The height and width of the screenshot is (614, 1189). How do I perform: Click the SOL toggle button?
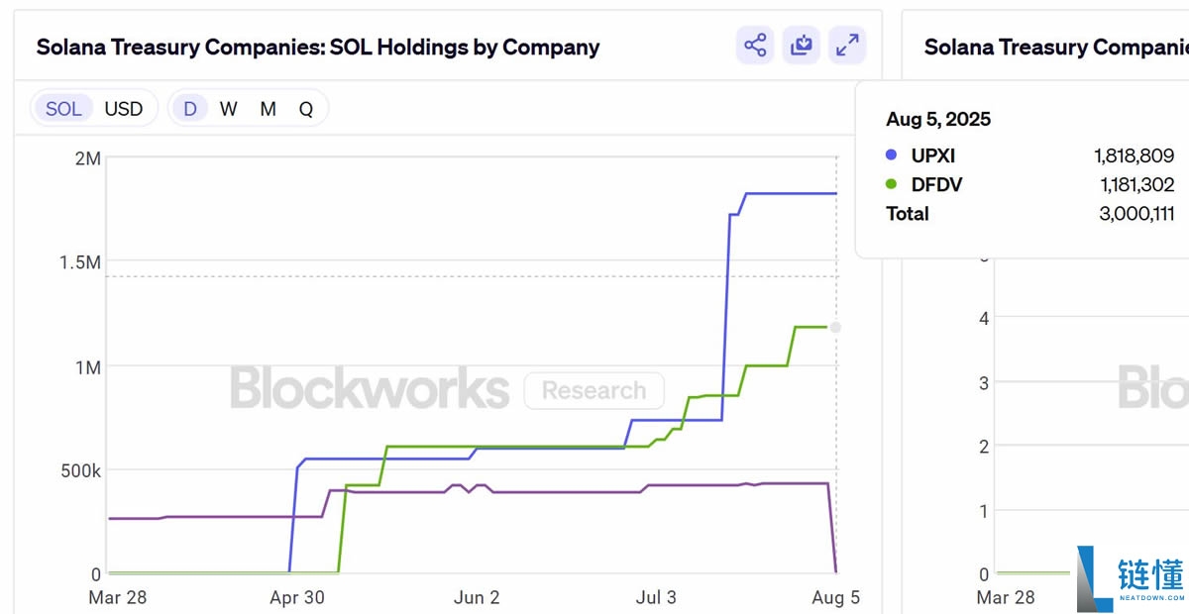(63, 109)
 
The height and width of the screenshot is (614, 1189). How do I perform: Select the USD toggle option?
(124, 109)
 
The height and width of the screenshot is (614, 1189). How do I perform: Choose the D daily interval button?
(189, 109)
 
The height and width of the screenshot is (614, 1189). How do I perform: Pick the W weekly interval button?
(229, 109)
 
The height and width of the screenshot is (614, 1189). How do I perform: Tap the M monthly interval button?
(268, 109)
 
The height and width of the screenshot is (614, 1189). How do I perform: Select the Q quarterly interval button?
(306, 109)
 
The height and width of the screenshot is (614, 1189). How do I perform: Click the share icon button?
(755, 46)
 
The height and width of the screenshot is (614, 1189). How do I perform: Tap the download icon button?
(801, 46)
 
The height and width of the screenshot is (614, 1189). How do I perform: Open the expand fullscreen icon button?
(847, 46)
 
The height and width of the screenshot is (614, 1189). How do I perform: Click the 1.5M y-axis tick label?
(79, 262)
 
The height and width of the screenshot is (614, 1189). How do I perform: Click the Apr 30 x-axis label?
(297, 597)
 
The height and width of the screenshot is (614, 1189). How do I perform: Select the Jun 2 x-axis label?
(477, 597)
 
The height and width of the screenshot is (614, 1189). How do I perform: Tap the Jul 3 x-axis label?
(655, 597)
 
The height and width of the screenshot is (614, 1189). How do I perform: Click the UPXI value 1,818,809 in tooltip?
(1134, 155)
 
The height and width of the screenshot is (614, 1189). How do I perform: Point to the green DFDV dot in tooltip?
(891, 184)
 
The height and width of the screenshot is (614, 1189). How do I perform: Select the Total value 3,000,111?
(1136, 213)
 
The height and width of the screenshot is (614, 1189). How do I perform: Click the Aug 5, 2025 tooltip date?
(938, 120)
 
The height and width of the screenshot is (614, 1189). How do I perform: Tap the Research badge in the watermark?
(594, 390)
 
